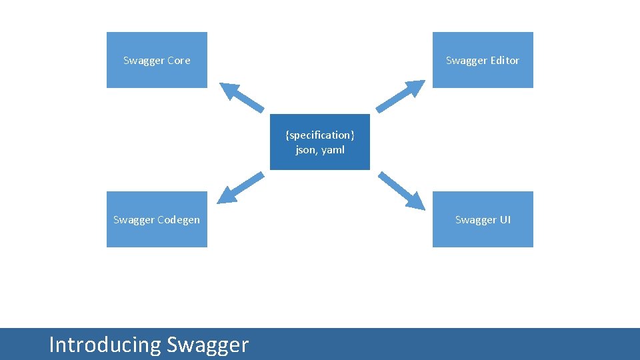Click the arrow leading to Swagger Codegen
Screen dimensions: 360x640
coord(241,187)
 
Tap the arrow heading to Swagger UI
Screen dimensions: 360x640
coord(401,189)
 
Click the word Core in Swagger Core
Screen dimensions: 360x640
coord(179,61)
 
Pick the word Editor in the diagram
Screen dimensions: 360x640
coord(505,61)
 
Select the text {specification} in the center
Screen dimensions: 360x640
coord(320,135)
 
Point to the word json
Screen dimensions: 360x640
coord(306,150)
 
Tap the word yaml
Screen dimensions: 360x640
coord(333,150)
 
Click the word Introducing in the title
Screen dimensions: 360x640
coord(105,345)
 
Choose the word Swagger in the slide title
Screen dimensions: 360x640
coord(207,345)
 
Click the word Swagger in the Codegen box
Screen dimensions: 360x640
coord(134,220)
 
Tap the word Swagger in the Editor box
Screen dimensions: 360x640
coord(467,61)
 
